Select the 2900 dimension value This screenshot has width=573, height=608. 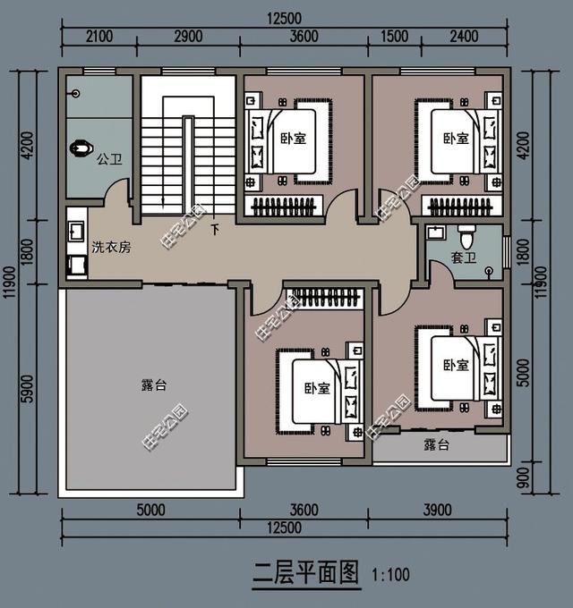click(x=188, y=37)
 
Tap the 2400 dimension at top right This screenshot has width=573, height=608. click(x=464, y=37)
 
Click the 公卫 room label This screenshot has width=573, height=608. click(x=109, y=160)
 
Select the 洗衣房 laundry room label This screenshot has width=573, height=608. click(x=111, y=247)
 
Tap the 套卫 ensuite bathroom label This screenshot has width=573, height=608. click(x=463, y=259)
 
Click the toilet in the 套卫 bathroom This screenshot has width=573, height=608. click(x=466, y=239)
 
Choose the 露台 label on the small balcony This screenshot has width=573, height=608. click(x=436, y=444)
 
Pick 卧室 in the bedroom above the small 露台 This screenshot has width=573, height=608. click(x=457, y=365)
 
